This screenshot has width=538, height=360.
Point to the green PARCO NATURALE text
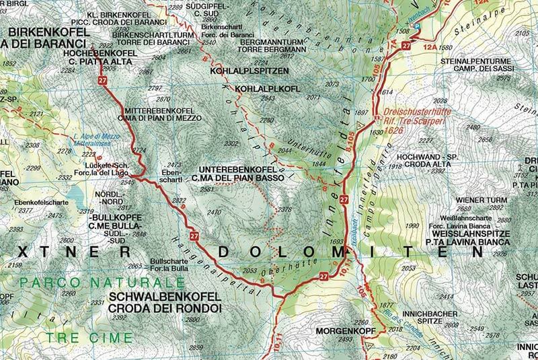pos(77,281)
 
